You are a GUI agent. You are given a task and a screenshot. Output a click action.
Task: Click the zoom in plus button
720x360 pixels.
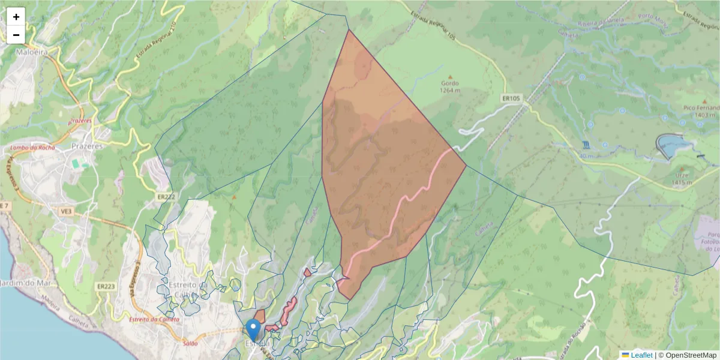[16, 17]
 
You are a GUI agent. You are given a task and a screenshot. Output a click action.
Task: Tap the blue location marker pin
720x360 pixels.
[254, 329]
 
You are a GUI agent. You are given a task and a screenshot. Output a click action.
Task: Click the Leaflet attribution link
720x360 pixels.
[641, 355]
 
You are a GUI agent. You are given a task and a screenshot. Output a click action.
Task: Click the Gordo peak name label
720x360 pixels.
[449, 83]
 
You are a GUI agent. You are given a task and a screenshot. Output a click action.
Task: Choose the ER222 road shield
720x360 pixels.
[166, 196]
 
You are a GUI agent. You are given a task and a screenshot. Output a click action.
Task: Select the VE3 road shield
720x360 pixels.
[65, 211]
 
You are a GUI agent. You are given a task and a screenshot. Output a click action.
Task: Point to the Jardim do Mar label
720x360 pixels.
[20, 283]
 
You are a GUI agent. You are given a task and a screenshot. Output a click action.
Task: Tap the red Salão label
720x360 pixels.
[190, 344]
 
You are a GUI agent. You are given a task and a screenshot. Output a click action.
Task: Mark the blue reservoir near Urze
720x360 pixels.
[673, 146]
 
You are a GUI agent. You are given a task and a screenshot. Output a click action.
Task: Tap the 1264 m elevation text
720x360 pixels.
[449, 91]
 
